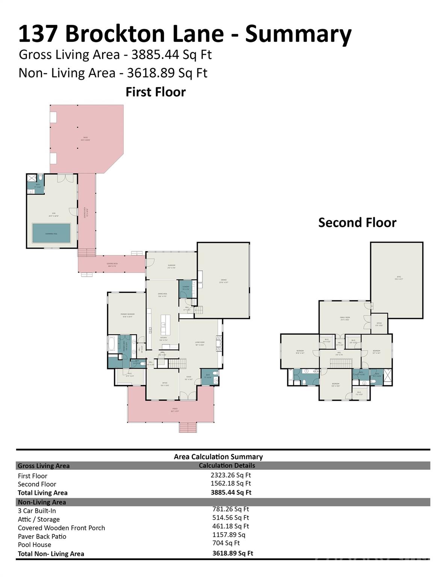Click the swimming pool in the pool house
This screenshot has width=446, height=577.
coord(51,233)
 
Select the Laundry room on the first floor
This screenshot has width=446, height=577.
coord(186,288)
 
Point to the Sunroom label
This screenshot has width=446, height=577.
coord(171,266)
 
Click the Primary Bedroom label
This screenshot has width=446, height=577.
coord(127,315)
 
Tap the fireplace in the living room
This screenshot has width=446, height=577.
coord(219,343)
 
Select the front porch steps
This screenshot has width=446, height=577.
coord(187,427)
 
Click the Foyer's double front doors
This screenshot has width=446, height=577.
coord(188,396)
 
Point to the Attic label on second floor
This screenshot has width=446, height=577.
coord(398,278)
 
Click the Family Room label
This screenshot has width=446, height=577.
coord(345,319)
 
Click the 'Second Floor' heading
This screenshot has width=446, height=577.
coord(357,222)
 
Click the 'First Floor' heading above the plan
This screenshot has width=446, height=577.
coord(156,92)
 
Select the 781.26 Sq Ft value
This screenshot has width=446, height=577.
coord(231,509)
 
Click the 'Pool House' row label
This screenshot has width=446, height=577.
coord(35,545)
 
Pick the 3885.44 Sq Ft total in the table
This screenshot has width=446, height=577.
coord(231,492)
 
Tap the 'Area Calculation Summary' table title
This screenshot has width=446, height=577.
coord(218,457)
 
